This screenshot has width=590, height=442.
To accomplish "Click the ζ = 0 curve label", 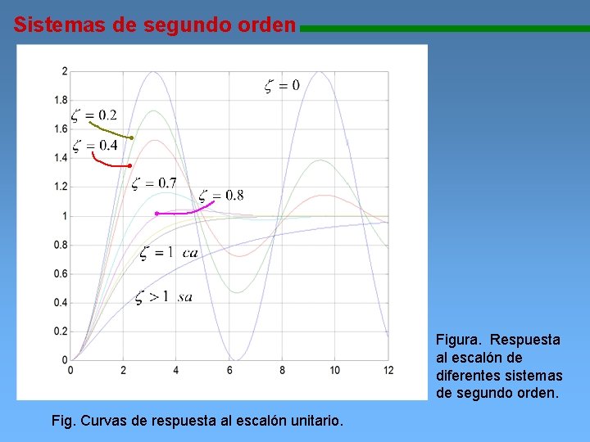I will (281, 84).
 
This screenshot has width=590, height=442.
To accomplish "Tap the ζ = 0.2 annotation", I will (93, 115).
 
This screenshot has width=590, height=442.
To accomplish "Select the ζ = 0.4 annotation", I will (94, 146).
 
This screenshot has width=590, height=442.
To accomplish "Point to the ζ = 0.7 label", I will (154, 183).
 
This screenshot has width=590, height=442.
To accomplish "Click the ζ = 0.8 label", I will (220, 195).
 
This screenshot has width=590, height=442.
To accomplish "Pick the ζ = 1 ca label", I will (169, 252).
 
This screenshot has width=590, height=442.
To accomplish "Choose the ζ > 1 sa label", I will (164, 296).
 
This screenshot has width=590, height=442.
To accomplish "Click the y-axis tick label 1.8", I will (61, 101).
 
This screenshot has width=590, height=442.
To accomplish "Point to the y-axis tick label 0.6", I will (61, 274).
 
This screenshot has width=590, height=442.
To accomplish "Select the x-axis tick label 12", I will (388, 371).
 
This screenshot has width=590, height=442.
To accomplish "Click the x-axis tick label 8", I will (282, 371).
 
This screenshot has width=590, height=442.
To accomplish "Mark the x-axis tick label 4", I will (176, 371).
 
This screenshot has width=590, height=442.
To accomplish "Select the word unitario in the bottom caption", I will (314, 421).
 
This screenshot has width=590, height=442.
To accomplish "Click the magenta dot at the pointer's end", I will (157, 214).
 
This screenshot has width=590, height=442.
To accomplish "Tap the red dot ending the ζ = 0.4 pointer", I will (129, 166).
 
